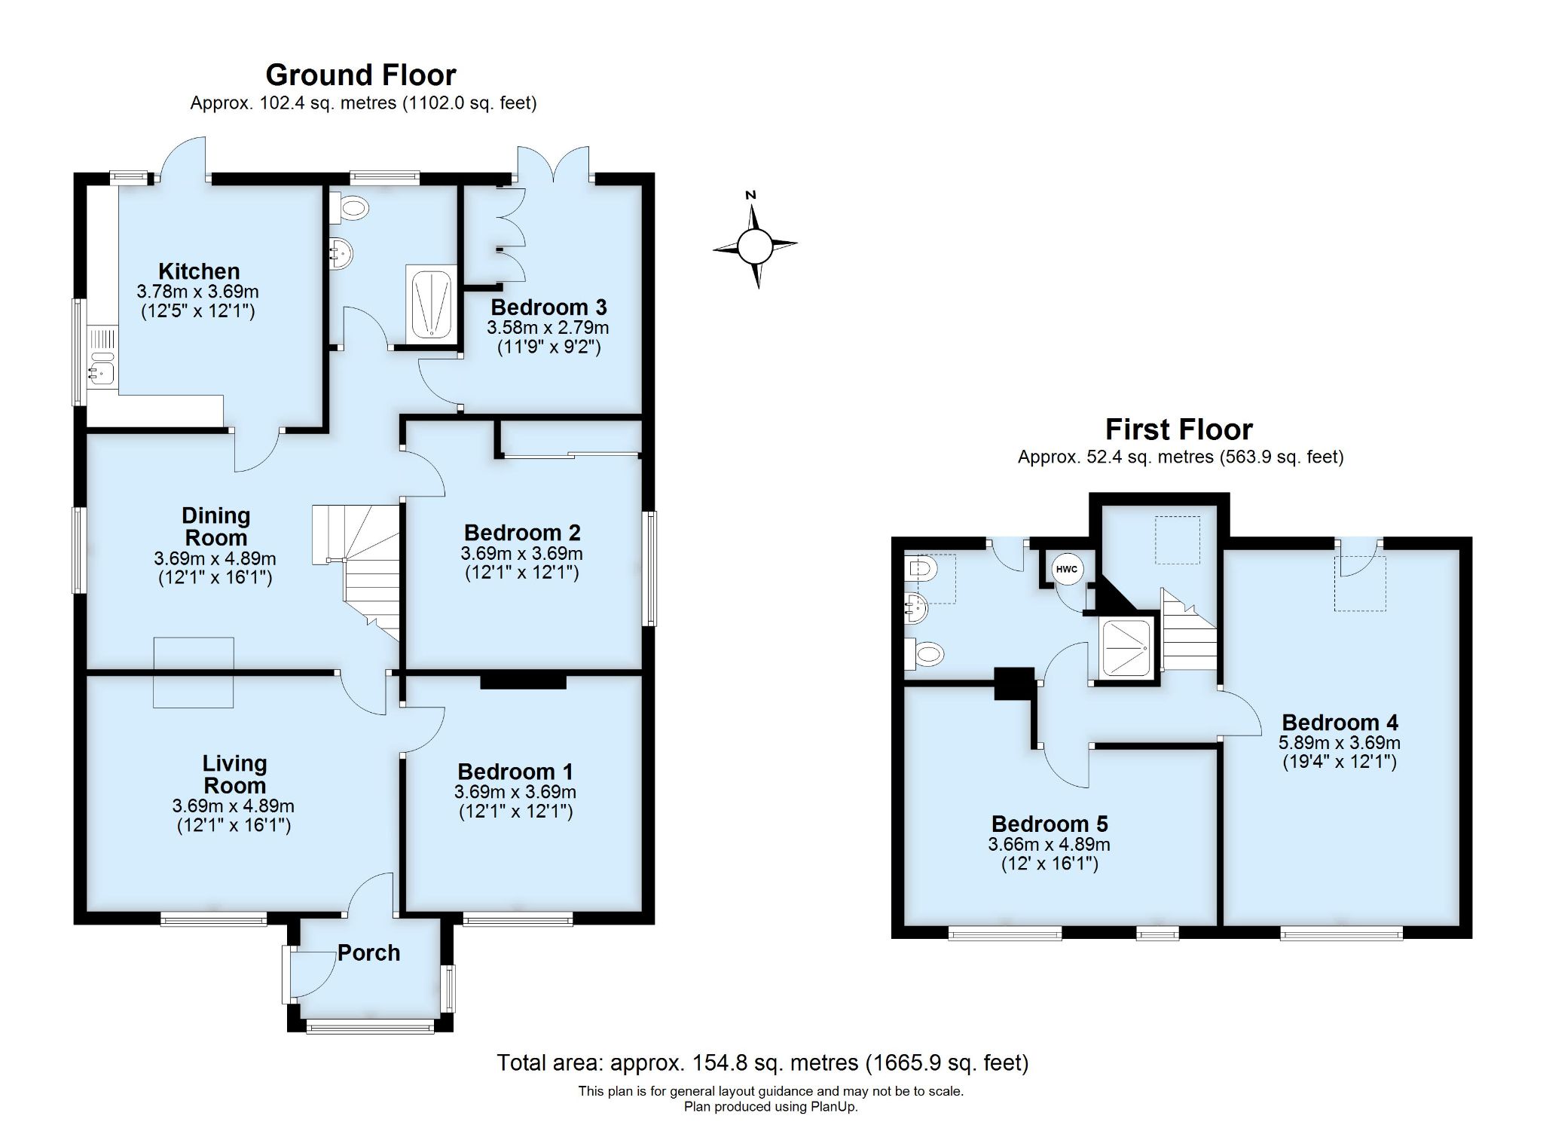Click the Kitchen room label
point(199,271)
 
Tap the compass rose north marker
point(750,196)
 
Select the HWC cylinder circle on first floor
point(1066,570)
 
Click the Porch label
point(368,953)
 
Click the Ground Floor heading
point(361,75)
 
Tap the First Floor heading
point(1178,430)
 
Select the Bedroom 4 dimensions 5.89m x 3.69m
point(1339,742)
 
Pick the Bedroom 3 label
point(548,307)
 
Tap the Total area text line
point(762,1062)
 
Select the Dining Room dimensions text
point(215,559)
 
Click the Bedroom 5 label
point(1050,824)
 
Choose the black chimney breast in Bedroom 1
point(523,681)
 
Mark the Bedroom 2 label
point(522,533)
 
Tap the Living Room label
point(234,774)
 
